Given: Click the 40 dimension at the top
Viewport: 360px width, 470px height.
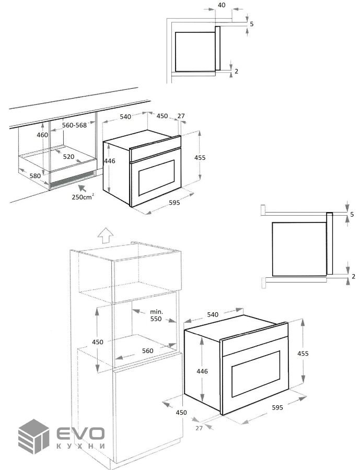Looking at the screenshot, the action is click(222, 5).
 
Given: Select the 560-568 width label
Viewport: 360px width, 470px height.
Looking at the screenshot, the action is click(74, 125).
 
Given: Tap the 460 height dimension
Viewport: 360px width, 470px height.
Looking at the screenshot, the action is click(42, 135).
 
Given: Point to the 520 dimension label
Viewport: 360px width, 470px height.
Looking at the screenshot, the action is click(68, 157).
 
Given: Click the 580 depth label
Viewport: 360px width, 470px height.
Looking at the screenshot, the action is click(35, 175).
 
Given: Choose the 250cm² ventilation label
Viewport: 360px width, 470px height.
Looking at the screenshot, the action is click(83, 197).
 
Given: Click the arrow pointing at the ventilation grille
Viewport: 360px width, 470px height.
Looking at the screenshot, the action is click(82, 189).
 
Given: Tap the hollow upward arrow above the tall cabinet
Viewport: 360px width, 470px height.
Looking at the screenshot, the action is click(106, 235).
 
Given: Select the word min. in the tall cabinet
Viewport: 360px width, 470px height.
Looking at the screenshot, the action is click(156, 312).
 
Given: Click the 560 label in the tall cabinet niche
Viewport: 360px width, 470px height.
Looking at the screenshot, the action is click(147, 351).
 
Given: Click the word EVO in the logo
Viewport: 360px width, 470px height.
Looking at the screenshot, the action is click(80, 433).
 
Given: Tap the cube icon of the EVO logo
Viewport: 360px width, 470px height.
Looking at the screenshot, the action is click(33, 436).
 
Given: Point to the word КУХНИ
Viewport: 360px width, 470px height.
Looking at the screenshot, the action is click(80, 446).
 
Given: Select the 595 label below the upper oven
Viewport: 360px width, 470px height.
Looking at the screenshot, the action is click(175, 203).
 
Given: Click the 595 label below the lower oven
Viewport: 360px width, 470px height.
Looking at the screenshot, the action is click(277, 407).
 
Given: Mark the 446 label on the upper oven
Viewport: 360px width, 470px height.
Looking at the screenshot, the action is click(110, 161).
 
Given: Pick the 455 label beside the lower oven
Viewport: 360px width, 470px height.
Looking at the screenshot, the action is click(303, 354).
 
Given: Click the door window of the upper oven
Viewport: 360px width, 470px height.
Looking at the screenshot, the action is click(156, 178).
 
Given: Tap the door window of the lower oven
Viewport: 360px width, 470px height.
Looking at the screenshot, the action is click(256, 374).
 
